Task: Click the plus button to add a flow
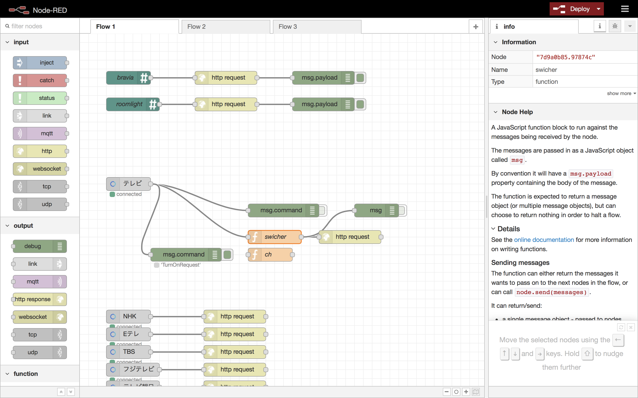click(x=476, y=27)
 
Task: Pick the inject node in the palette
click(x=40, y=63)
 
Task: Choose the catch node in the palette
click(x=40, y=80)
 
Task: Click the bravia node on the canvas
click(x=125, y=78)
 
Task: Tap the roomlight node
click(x=129, y=104)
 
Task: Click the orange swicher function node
click(x=275, y=237)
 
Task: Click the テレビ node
click(x=132, y=184)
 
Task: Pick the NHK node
click(x=129, y=316)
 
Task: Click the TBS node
click(x=129, y=352)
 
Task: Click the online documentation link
click(x=544, y=240)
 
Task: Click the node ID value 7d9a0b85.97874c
click(x=566, y=57)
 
